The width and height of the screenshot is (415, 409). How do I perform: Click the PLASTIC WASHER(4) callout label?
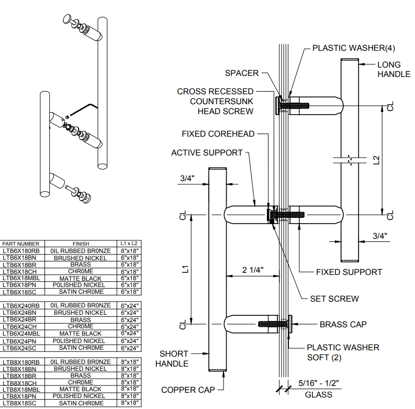[x=353, y=48]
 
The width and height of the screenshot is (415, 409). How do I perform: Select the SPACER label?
[x=242, y=73]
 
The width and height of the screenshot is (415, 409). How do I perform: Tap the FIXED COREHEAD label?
[x=218, y=134]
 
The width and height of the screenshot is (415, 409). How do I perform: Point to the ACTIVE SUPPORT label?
[x=207, y=152]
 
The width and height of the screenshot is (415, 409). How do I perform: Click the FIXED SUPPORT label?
[x=349, y=272]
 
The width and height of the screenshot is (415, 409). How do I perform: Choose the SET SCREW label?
[x=334, y=299]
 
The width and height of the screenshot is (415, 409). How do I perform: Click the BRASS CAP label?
[x=343, y=324]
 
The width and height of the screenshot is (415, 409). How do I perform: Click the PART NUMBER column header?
[x=21, y=244]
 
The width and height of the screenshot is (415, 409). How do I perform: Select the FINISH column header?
[x=81, y=244]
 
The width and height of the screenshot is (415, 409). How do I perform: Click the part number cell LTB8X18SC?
[x=20, y=403]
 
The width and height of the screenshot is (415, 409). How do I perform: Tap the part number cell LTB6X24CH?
[x=20, y=326]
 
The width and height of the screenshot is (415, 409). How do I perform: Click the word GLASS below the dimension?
[x=318, y=394]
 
